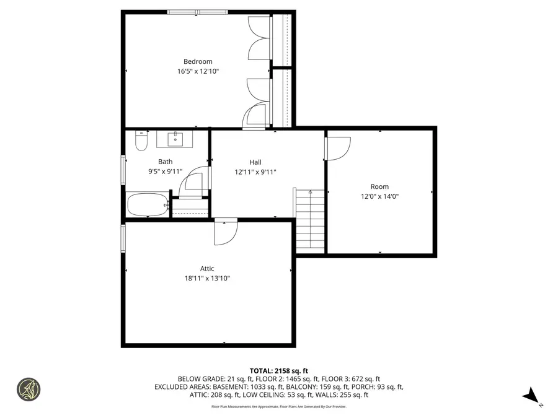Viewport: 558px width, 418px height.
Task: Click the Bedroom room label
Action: (x=198, y=61)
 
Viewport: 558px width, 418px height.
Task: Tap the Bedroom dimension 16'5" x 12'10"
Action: (x=198, y=71)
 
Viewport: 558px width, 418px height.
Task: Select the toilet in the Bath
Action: (x=141, y=142)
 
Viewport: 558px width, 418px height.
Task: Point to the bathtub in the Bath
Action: (x=147, y=204)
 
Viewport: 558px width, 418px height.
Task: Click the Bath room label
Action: (x=165, y=162)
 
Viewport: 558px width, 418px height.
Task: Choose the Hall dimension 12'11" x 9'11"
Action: (x=255, y=172)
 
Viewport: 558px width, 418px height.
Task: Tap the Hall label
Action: (x=255, y=162)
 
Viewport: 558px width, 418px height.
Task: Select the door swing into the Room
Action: (x=338, y=149)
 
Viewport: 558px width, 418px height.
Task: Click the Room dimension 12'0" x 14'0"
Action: (x=379, y=196)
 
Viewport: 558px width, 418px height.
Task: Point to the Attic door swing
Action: (x=225, y=232)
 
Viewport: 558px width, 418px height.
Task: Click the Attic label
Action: (x=207, y=268)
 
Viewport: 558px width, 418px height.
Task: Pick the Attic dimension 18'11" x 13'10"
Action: (x=207, y=278)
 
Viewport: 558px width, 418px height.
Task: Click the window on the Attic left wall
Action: (x=123, y=238)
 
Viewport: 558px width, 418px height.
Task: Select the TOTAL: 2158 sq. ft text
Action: (x=278, y=370)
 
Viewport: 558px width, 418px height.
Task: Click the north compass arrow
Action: (x=531, y=396)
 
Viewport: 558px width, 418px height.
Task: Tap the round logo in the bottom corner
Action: (x=29, y=390)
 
